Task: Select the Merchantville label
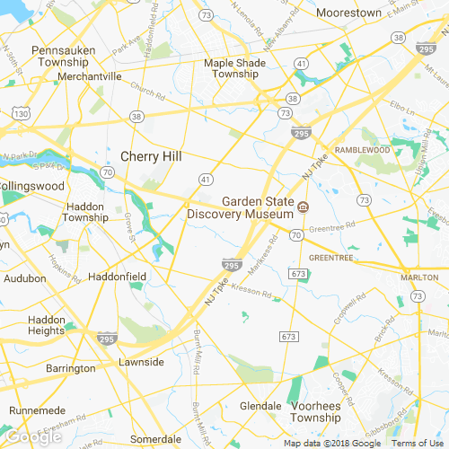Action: (x=89, y=77)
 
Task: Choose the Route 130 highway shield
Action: (x=22, y=115)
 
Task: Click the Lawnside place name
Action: (x=142, y=362)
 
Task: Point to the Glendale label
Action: (x=261, y=406)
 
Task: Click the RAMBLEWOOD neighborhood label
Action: (x=365, y=149)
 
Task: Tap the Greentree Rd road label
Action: (x=332, y=228)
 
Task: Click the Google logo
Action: (x=32, y=436)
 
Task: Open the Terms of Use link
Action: (x=416, y=443)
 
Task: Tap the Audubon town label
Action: (x=24, y=278)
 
